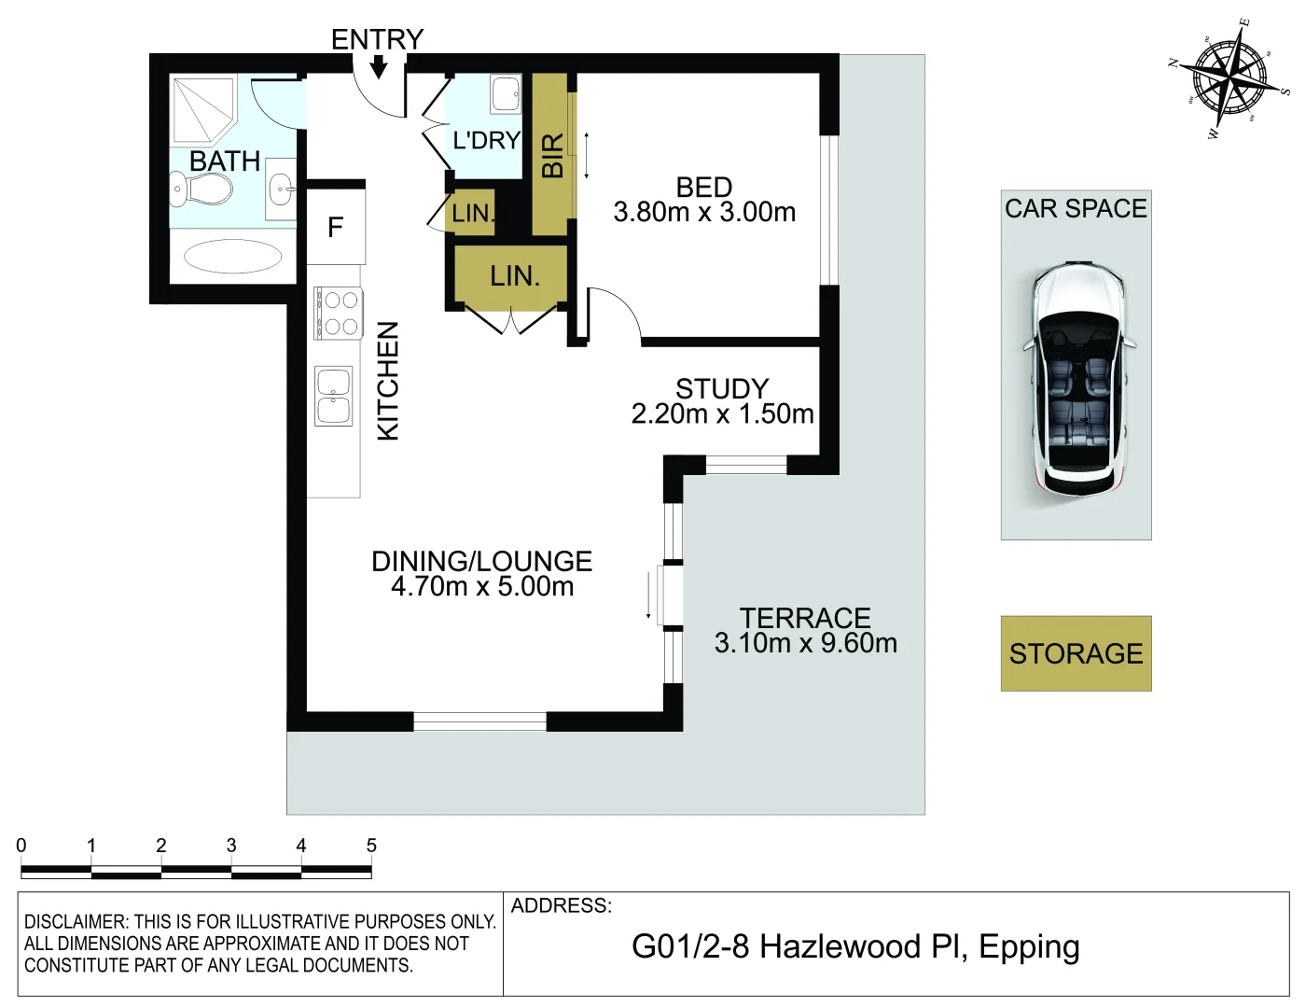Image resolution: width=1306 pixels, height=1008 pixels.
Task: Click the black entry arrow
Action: coord(378,66)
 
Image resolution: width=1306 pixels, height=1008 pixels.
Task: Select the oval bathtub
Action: coord(232,257)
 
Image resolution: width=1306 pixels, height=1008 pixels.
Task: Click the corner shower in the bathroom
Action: coord(203,110)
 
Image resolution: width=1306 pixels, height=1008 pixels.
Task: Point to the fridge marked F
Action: coord(336,227)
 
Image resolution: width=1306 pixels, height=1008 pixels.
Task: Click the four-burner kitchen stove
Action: coord(338,314)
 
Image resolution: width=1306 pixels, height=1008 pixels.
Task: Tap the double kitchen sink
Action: coord(334,397)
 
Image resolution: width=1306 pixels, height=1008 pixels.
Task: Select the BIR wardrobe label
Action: coord(552,156)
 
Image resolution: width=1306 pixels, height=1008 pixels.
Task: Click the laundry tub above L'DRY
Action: coord(506,93)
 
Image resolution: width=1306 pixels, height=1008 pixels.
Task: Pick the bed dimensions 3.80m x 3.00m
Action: coord(704,212)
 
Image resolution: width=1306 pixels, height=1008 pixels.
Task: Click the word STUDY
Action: coord(722,388)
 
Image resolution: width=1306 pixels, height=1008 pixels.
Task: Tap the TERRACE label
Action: coord(805,618)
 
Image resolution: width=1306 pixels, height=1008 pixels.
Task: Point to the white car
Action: coord(1078,379)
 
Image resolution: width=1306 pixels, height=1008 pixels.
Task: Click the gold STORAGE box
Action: coord(1076,653)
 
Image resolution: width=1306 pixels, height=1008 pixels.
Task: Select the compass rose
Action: coord(1230,79)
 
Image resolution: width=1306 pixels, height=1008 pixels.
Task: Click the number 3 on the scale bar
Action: coord(231,846)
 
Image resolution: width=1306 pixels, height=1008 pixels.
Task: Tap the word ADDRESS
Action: coord(562,905)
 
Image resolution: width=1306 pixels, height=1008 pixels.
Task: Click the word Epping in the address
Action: coord(1029,946)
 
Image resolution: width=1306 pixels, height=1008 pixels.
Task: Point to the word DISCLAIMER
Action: coord(76,921)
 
